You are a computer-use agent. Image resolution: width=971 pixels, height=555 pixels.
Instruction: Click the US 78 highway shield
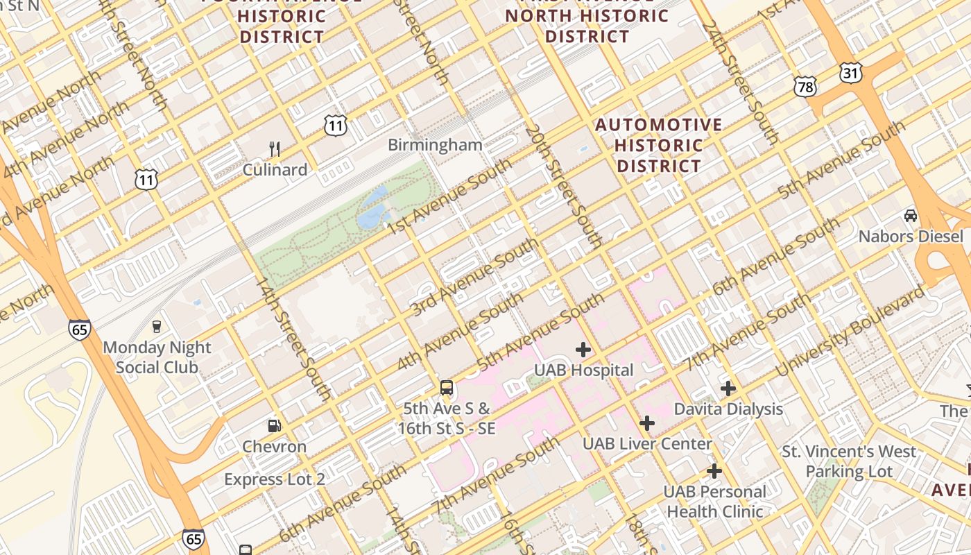tap(805, 86)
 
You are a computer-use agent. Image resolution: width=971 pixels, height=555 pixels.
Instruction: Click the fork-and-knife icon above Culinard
tap(275, 148)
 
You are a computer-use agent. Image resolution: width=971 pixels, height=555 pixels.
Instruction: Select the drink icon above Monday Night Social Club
tap(157, 327)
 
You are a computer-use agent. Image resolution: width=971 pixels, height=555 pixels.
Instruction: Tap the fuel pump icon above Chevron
tap(275, 425)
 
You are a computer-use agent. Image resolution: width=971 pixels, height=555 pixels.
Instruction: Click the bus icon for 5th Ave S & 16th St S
tap(447, 388)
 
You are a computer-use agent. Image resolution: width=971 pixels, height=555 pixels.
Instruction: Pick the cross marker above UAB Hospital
tap(583, 349)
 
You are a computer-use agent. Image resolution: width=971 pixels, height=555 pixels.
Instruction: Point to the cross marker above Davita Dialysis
tap(728, 388)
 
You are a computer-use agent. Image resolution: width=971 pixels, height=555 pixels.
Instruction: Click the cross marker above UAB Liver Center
tap(647, 422)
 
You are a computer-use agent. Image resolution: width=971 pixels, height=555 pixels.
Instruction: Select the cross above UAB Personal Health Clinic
tap(714, 472)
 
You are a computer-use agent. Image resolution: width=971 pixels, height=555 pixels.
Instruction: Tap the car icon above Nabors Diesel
tap(911, 216)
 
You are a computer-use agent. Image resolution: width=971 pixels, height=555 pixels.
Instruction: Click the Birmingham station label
tap(435, 145)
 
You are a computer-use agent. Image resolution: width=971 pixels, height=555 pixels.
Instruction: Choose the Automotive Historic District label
tap(659, 145)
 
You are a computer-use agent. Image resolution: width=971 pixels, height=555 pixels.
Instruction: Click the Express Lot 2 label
tap(275, 479)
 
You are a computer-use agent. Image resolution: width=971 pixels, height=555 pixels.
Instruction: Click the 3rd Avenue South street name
tap(474, 277)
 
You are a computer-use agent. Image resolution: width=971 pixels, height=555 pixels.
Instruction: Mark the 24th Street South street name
tap(739, 83)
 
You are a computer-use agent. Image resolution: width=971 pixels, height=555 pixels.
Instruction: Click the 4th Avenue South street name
tap(459, 332)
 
